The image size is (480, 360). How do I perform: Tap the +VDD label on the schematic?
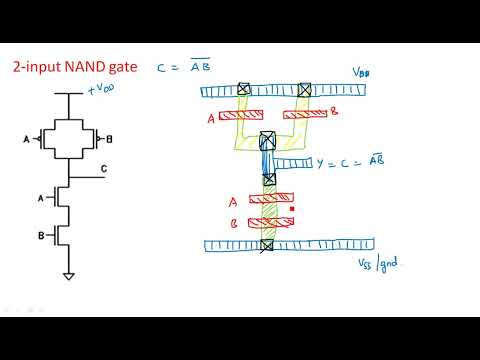(x=104, y=90)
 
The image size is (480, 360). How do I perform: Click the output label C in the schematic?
(x=104, y=170)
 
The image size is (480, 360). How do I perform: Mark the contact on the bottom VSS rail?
(x=267, y=245)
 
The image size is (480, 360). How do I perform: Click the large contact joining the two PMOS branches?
(x=267, y=140)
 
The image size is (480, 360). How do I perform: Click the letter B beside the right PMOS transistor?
(x=109, y=138)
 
